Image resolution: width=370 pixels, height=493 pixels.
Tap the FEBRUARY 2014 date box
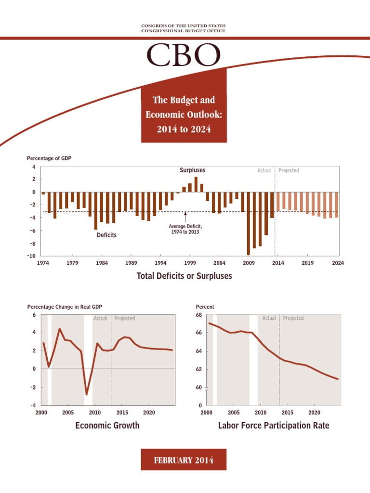tap(183, 460)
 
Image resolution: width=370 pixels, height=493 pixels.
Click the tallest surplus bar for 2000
tap(196, 184)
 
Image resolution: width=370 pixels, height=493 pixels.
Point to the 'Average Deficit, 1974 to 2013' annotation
tap(185, 229)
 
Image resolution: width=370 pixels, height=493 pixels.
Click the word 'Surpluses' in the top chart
tap(192, 170)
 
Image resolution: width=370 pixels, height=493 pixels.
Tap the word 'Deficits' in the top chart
tap(106, 235)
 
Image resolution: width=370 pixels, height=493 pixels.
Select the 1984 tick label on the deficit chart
tap(102, 263)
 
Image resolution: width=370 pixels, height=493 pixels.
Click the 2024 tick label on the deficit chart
tap(338, 263)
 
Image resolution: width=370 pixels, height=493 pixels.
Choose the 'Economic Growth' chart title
tap(107, 425)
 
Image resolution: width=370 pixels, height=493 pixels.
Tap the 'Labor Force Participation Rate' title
tap(274, 425)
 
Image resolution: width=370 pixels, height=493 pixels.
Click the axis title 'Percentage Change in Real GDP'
tap(65, 307)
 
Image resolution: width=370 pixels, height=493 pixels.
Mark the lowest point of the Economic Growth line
tap(87, 394)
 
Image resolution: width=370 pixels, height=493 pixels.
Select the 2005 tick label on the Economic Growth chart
tap(67, 413)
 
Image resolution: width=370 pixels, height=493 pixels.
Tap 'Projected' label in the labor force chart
tap(293, 318)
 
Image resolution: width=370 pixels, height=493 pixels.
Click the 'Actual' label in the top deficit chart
tap(264, 170)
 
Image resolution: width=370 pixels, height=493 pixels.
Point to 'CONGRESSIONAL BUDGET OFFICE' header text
tap(183, 31)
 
